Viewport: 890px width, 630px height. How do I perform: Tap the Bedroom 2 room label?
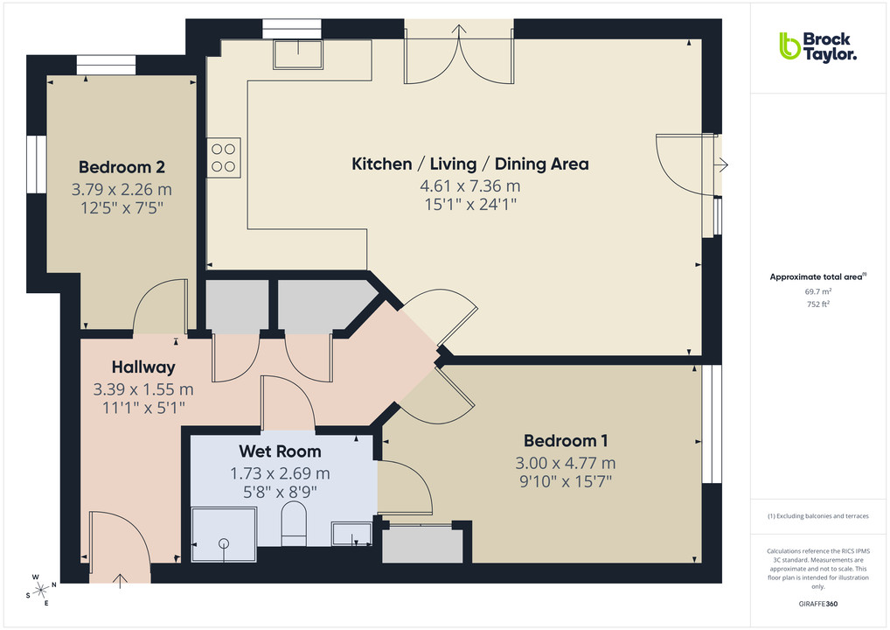(x=122, y=167)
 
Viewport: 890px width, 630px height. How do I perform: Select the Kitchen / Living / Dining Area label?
(x=469, y=164)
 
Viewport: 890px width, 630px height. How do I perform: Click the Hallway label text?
(x=143, y=367)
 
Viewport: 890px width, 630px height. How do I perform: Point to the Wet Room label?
(x=280, y=451)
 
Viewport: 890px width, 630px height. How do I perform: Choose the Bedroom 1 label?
(x=566, y=441)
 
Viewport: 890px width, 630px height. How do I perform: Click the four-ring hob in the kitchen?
(x=224, y=157)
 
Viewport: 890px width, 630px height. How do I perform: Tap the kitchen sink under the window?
(x=297, y=54)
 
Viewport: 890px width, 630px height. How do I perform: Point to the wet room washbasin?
(x=351, y=533)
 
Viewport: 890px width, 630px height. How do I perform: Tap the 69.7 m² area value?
(x=817, y=291)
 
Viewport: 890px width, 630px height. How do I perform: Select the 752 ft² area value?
(x=817, y=304)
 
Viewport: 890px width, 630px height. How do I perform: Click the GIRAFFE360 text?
(x=817, y=604)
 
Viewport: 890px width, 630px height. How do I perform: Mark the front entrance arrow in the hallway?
(x=120, y=578)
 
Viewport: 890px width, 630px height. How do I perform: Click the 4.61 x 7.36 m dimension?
(x=469, y=185)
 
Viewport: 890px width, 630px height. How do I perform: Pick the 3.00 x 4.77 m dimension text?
(x=566, y=463)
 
